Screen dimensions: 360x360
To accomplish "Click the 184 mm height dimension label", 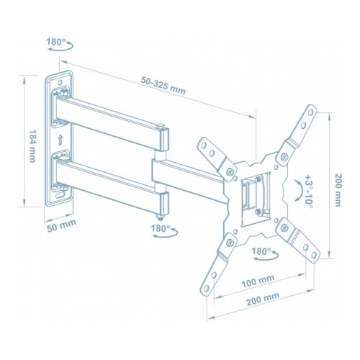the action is pyautogui.click(x=32, y=146).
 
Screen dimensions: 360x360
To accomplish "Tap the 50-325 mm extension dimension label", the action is pyautogui.click(x=163, y=86).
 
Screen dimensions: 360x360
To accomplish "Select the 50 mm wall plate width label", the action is pyautogui.click(x=61, y=226).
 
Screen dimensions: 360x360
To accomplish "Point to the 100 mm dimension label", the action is pyautogui.click(x=258, y=281).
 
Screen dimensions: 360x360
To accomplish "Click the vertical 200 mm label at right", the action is pyautogui.click(x=337, y=190).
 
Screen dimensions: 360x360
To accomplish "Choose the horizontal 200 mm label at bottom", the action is pyautogui.click(x=263, y=299).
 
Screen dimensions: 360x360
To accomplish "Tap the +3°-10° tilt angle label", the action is pyautogui.click(x=308, y=192).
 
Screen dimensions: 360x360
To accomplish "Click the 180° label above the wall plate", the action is pyautogui.click(x=55, y=42).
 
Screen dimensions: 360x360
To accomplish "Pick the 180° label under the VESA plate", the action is pyautogui.click(x=261, y=251).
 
